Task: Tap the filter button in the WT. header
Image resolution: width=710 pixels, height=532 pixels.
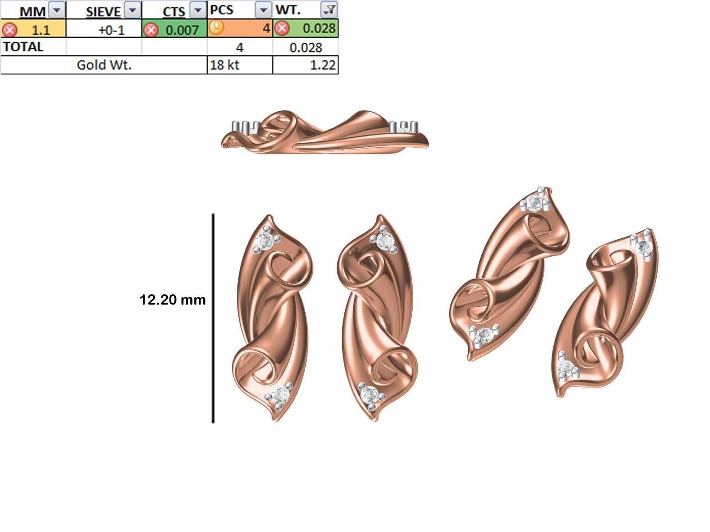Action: [x=330, y=9]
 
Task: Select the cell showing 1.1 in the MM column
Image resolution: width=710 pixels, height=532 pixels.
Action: [x=40, y=29]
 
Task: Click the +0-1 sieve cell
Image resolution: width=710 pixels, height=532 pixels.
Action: [x=111, y=30]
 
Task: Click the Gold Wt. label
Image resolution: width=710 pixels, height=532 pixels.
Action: [x=104, y=65]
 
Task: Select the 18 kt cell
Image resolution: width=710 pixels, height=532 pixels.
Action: [x=225, y=65]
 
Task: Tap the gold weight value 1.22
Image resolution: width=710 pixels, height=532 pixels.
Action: [x=323, y=65]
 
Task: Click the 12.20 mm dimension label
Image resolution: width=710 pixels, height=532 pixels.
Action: [x=172, y=300]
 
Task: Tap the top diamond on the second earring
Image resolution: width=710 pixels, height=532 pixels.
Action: [x=384, y=241]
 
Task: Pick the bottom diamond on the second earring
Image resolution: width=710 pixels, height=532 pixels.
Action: [x=368, y=394]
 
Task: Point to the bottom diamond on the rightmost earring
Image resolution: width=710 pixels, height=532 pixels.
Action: [x=565, y=366]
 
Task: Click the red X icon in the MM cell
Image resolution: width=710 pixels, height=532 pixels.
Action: [x=9, y=30]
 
